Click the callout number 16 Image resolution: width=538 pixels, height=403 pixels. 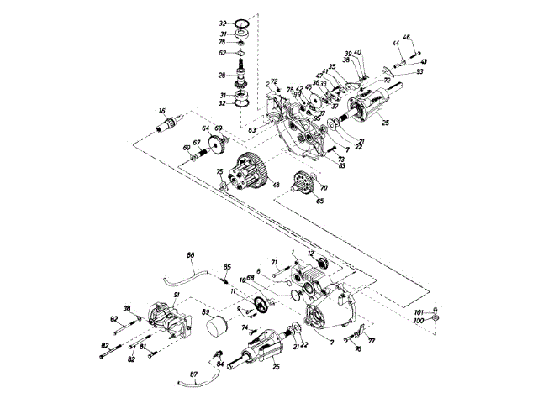(x=161, y=110)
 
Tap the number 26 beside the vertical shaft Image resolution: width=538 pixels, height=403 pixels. (x=223, y=76)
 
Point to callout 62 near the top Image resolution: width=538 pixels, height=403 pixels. (x=223, y=52)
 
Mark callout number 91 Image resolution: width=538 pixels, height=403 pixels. (x=177, y=295)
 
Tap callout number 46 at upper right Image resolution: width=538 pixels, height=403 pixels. (x=407, y=37)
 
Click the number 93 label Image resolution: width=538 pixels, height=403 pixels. (x=419, y=72)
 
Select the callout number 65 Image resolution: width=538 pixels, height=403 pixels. (x=296, y=201)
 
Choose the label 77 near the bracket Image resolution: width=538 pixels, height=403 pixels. (x=371, y=343)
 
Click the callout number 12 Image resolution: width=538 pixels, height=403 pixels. (x=310, y=253)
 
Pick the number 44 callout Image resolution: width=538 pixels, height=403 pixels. (x=395, y=43)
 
